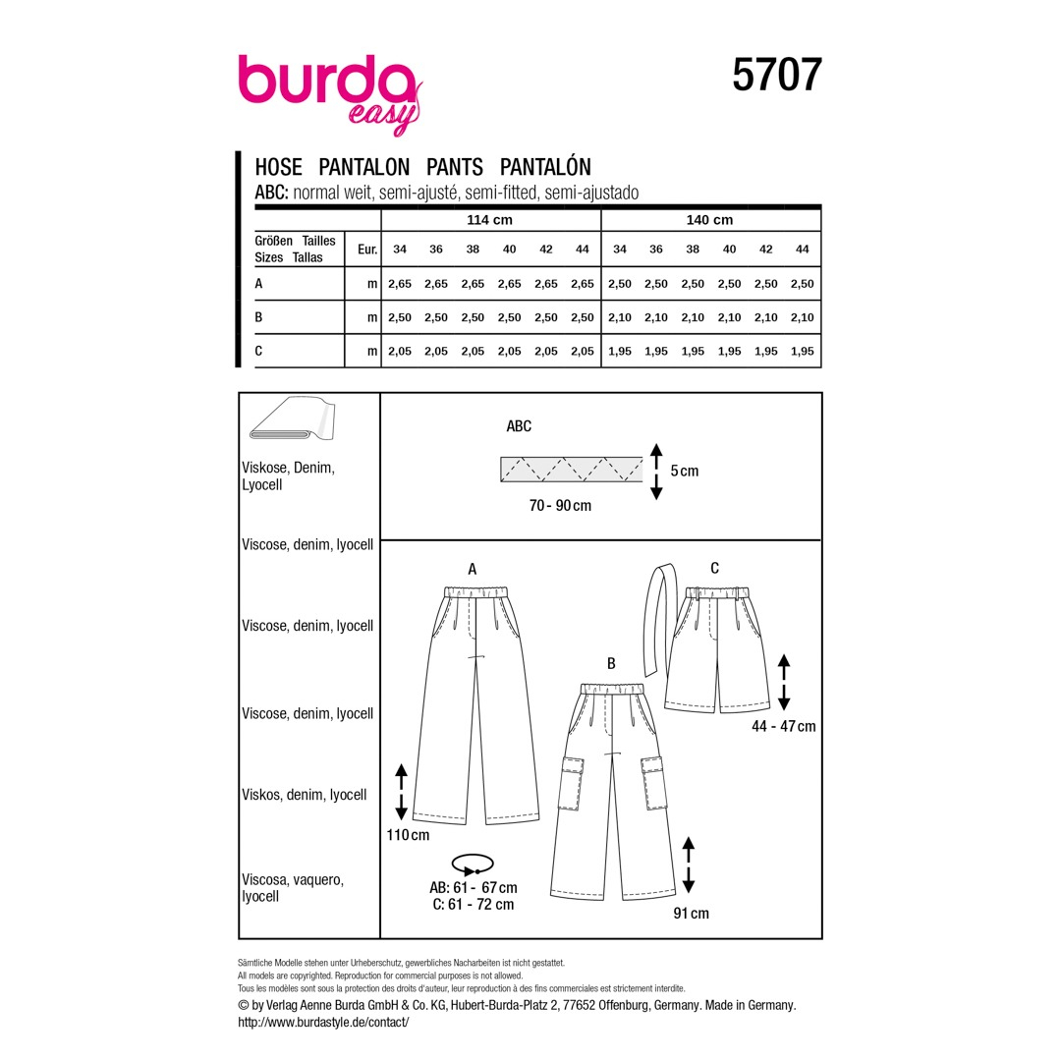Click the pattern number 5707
click(x=777, y=75)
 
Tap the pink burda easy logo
click(x=330, y=93)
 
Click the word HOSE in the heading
click(x=278, y=166)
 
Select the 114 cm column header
click(x=489, y=220)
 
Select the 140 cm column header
click(x=709, y=220)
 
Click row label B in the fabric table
click(x=258, y=317)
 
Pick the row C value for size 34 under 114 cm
click(x=399, y=351)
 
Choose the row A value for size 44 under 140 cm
click(x=802, y=284)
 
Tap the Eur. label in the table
click(x=366, y=250)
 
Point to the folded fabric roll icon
click(x=293, y=419)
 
